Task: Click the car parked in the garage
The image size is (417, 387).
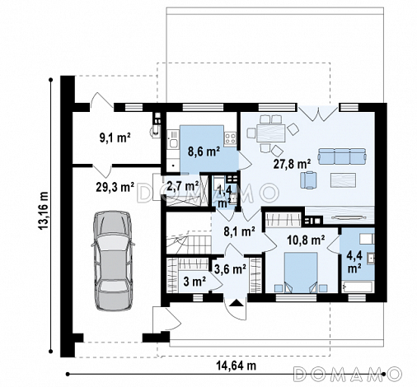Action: [x=113, y=261]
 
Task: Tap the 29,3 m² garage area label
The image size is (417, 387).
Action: [x=115, y=187]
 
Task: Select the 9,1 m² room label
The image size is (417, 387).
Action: [x=115, y=138]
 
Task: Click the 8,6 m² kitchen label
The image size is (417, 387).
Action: [x=204, y=152]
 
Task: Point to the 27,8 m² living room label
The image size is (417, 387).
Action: [x=292, y=164]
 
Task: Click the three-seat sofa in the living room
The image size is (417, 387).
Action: [x=342, y=156]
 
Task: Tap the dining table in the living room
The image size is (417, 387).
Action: [x=271, y=133]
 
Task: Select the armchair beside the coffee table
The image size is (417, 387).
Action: [x=308, y=180]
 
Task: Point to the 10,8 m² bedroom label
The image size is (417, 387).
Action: [x=306, y=240]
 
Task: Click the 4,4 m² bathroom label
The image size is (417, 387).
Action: [x=354, y=263]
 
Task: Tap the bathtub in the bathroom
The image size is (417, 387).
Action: [x=358, y=287]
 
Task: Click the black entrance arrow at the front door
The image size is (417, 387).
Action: [x=236, y=303]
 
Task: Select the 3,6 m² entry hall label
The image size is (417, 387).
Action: [x=230, y=269]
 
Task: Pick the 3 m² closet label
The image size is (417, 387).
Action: [x=194, y=282]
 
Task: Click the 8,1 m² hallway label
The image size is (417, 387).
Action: [x=239, y=231]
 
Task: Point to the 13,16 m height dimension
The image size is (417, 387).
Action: [x=45, y=211]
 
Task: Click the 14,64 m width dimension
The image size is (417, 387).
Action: [x=237, y=366]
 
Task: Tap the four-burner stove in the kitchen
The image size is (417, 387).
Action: [x=230, y=138]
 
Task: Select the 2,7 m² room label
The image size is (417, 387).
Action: [x=183, y=186]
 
